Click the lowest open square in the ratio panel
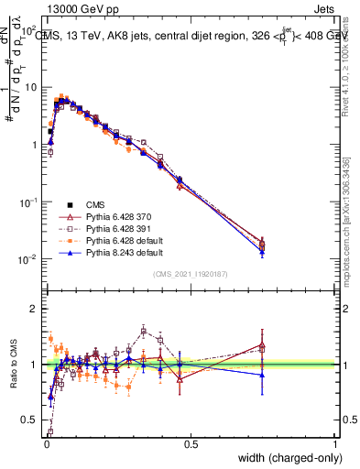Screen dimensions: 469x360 point(49,431)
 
